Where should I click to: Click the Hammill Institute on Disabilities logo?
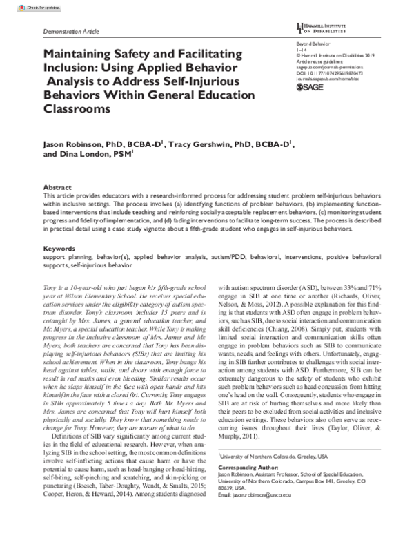click(326, 28)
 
